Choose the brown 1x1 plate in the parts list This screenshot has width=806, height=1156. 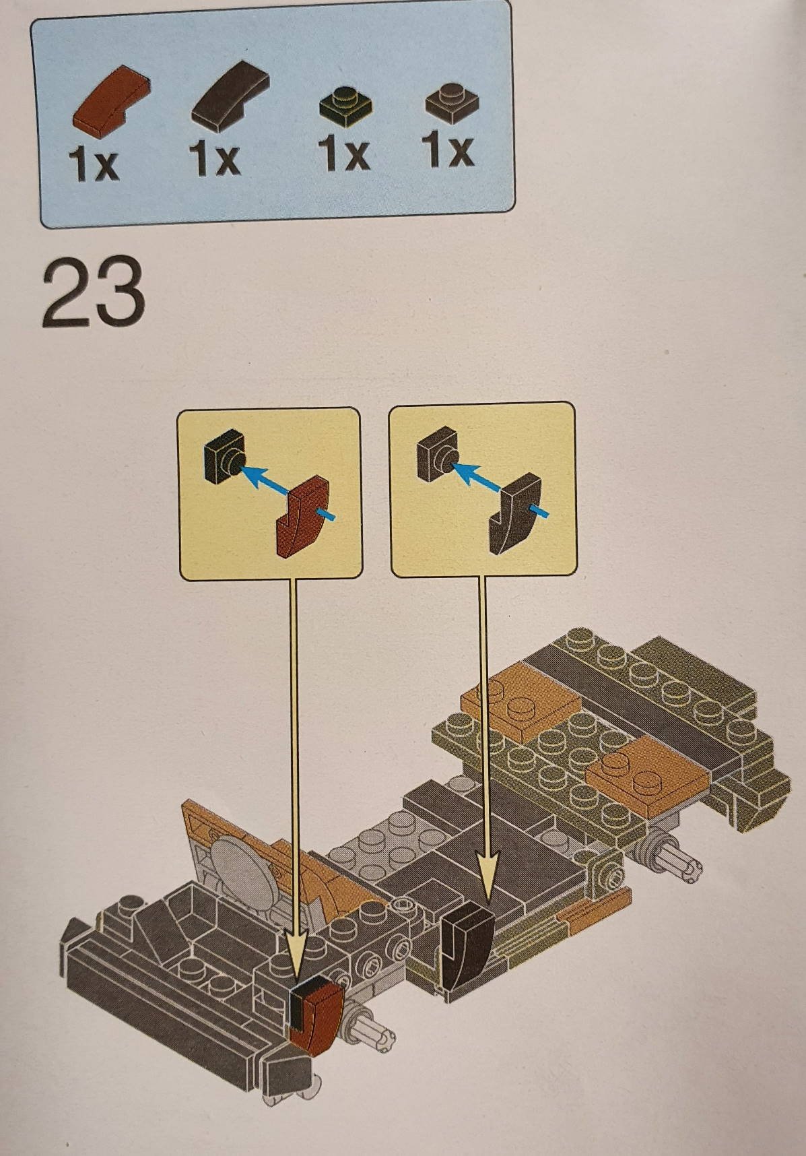(x=451, y=103)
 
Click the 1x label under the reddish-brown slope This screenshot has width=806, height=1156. (x=93, y=164)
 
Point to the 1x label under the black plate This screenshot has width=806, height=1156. (x=344, y=154)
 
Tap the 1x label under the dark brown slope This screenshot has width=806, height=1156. (x=214, y=160)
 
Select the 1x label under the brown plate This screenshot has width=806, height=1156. (x=448, y=150)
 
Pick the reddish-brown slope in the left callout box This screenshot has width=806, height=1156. (x=302, y=515)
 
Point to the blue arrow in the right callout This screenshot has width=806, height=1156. (x=498, y=487)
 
